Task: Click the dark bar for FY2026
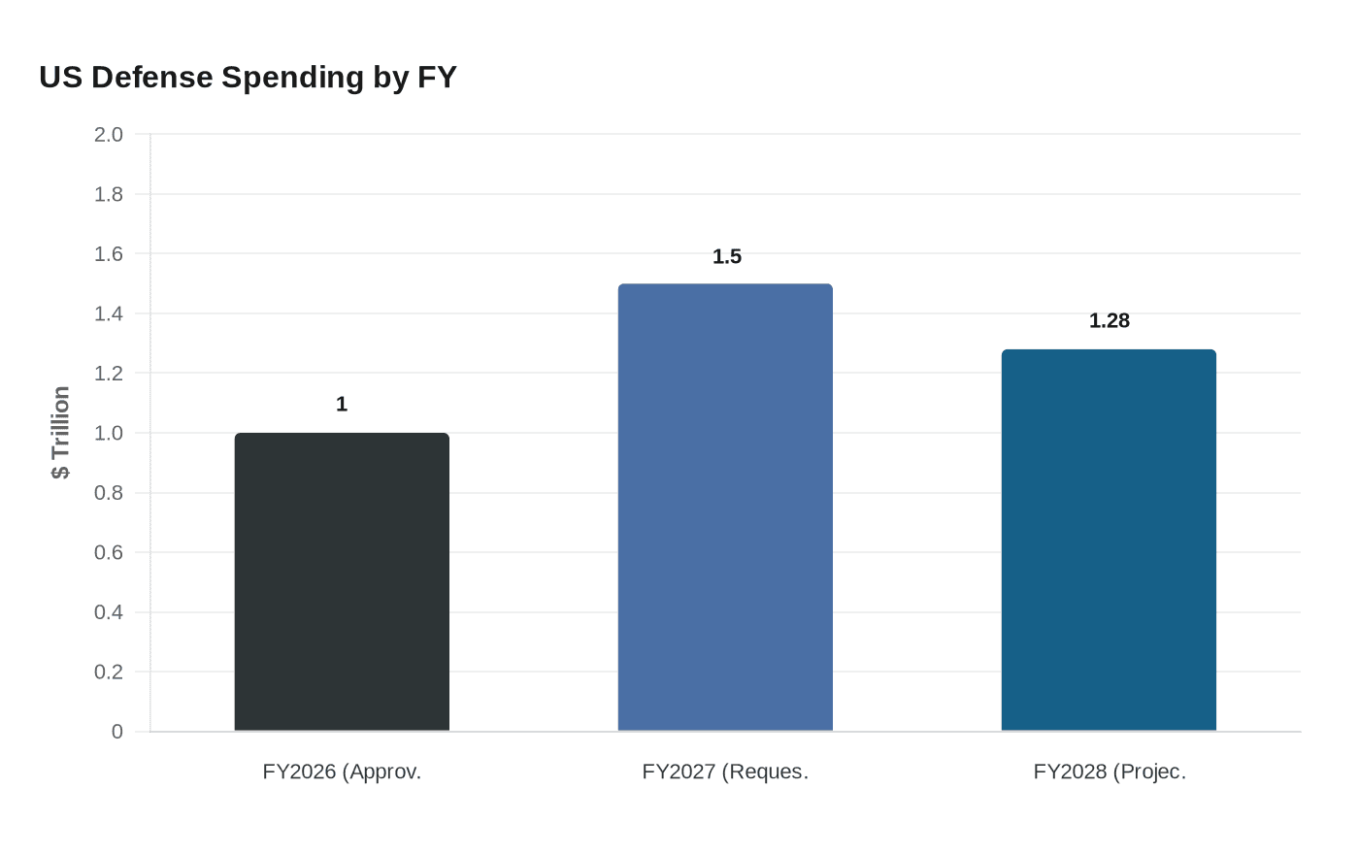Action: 342,582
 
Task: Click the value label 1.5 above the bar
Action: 726,256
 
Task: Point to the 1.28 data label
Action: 1109,321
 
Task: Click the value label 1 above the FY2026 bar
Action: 342,405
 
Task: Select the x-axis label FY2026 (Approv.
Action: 342,772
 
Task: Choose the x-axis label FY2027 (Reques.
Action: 725,772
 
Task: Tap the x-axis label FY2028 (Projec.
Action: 1109,772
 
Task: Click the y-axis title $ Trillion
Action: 61,433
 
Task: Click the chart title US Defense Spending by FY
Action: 248,77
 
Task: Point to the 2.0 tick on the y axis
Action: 109,135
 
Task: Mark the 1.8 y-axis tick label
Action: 109,194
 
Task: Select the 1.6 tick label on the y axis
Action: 109,254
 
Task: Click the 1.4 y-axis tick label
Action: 109,313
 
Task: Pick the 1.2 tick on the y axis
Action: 109,374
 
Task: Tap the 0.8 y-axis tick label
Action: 109,493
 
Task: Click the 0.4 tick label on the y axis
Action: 109,612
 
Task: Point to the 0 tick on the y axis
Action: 117,732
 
